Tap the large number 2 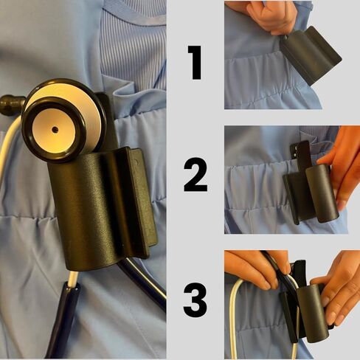[x=195, y=175]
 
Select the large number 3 [x=195, y=300]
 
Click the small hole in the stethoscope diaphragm [x=55, y=129]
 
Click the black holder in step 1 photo [x=311, y=55]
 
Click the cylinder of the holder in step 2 [x=322, y=193]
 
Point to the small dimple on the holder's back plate [x=136, y=162]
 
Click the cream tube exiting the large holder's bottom [x=73, y=278]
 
